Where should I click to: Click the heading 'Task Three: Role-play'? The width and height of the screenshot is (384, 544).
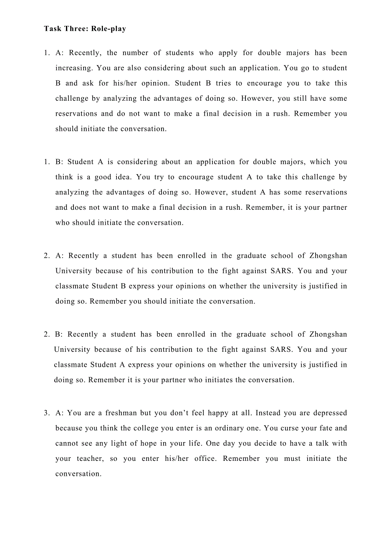(85, 29)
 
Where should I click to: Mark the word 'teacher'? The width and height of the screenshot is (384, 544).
(90, 459)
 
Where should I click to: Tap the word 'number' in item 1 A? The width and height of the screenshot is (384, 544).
(135, 53)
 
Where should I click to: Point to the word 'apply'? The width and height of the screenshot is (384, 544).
(227, 53)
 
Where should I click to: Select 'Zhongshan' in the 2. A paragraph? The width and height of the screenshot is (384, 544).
(328, 256)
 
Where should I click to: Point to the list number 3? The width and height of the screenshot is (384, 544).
(46, 413)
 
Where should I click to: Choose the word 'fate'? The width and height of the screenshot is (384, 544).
(323, 428)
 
